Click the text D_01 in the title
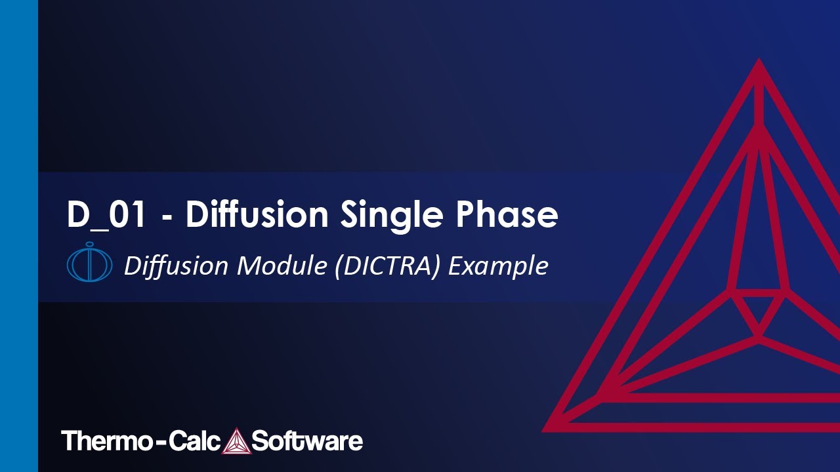click(x=106, y=215)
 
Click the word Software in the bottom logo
click(x=306, y=441)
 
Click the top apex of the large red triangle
click(x=759, y=64)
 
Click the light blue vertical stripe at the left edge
click(x=18, y=236)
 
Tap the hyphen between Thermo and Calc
click(x=157, y=442)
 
